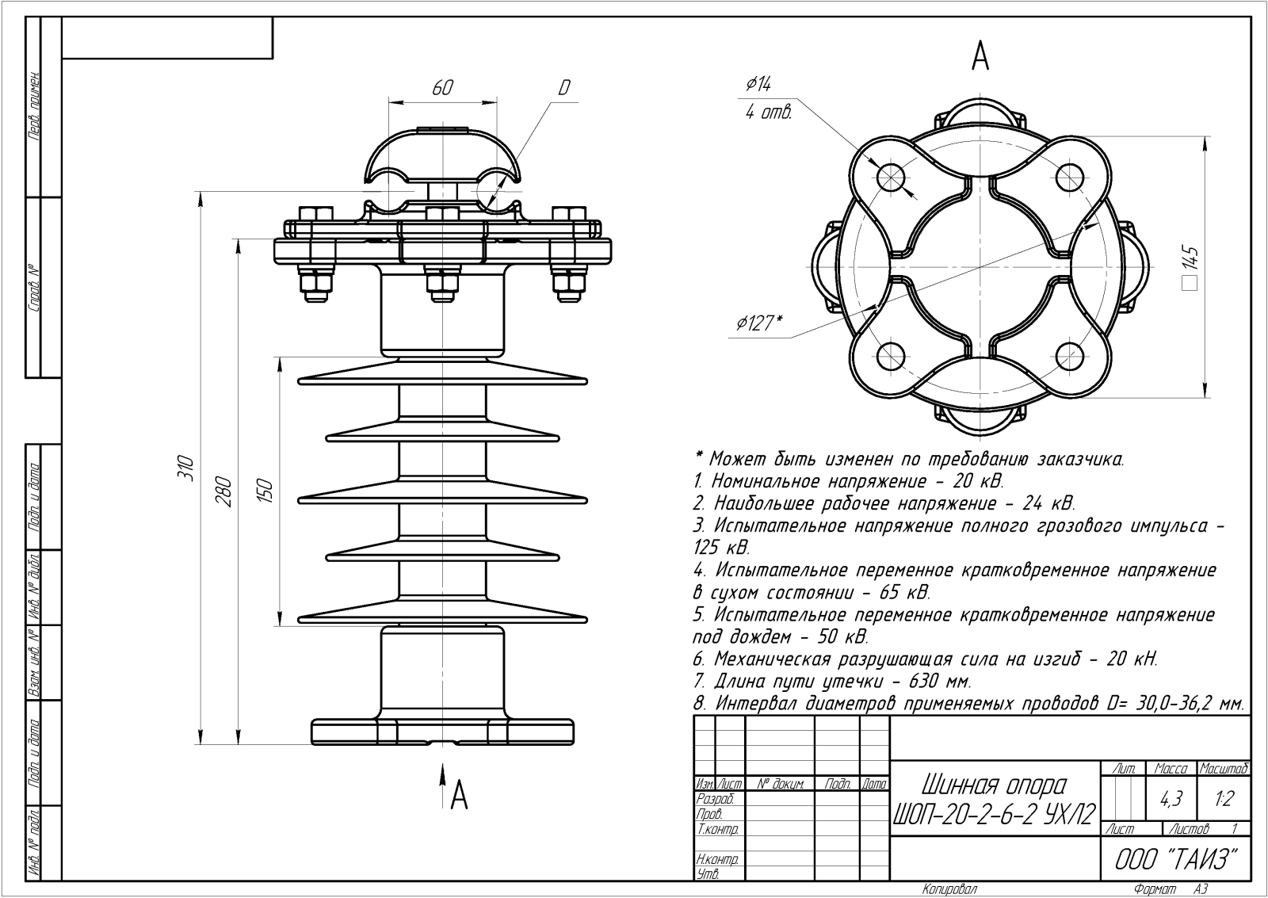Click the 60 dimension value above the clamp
(442, 88)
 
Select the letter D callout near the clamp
(563, 88)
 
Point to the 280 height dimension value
(224, 492)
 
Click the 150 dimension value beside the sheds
(265, 491)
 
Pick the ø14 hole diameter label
(758, 85)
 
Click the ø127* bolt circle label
(759, 323)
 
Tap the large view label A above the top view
(980, 56)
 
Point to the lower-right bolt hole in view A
(1069, 356)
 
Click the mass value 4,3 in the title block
(1171, 799)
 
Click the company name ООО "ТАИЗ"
(1176, 859)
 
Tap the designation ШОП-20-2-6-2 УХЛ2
(994, 814)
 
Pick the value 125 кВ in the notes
(721, 548)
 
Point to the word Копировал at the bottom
(949, 889)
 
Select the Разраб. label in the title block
(715, 799)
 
